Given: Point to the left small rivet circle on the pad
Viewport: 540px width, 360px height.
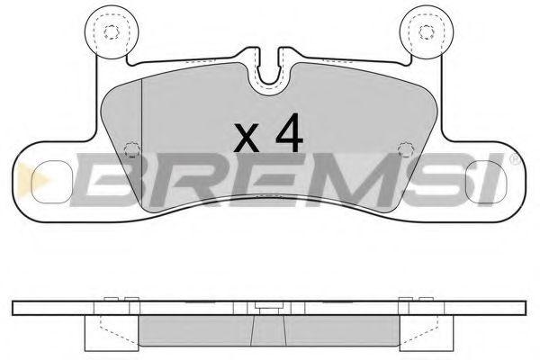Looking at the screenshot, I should coord(130,149).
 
